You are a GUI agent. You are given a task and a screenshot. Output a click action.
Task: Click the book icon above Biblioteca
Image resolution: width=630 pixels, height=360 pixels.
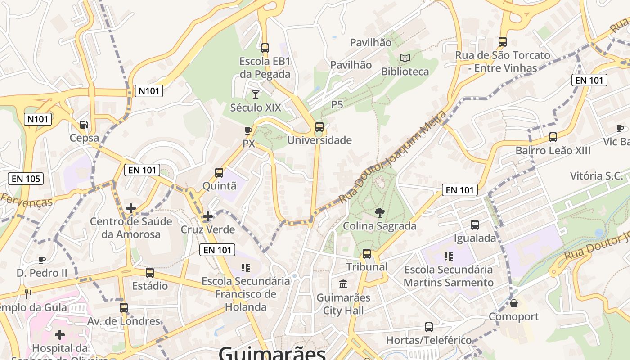(x=405, y=58)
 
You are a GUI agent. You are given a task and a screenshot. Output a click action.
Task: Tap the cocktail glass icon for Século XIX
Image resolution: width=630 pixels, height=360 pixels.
(x=256, y=94)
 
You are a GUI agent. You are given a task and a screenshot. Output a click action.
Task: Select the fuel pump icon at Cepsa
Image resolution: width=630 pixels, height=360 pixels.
(x=84, y=125)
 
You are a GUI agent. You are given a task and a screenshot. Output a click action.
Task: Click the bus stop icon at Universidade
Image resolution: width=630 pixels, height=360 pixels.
(x=319, y=127)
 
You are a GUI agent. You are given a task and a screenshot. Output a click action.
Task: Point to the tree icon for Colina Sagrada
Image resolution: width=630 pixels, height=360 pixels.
(x=380, y=212)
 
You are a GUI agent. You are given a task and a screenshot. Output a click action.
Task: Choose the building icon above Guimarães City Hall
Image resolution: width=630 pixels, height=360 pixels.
(x=343, y=284)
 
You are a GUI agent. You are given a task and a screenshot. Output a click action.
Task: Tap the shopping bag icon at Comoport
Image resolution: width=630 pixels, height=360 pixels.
(x=514, y=303)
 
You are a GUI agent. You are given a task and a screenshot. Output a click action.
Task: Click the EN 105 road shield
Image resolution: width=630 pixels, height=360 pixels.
(x=26, y=179)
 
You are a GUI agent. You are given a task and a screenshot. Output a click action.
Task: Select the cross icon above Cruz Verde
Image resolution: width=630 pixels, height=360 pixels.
(x=207, y=216)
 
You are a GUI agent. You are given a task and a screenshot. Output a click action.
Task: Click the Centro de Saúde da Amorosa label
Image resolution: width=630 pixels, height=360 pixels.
(x=131, y=228)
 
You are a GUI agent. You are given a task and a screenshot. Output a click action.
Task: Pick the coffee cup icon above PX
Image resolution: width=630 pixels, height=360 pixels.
(x=248, y=130)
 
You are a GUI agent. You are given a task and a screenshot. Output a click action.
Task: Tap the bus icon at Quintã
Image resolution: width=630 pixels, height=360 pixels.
(x=219, y=173)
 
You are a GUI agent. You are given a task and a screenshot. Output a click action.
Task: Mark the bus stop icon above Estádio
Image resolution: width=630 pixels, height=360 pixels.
(x=150, y=273)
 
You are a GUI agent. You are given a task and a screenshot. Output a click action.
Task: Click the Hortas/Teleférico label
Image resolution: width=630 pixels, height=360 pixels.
(x=429, y=340)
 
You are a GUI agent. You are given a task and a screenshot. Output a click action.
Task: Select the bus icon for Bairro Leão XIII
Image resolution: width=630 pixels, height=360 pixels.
(x=553, y=137)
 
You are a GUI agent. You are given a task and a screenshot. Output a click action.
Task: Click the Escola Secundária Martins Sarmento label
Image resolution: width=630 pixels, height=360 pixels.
(x=449, y=276)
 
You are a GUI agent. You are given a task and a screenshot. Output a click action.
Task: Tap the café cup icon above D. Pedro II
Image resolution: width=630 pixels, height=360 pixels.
(x=41, y=260)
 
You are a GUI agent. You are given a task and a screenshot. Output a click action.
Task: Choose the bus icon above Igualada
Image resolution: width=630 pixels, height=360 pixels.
(x=475, y=225)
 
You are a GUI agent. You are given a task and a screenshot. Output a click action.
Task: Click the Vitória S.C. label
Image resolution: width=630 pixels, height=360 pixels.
(x=596, y=175)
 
